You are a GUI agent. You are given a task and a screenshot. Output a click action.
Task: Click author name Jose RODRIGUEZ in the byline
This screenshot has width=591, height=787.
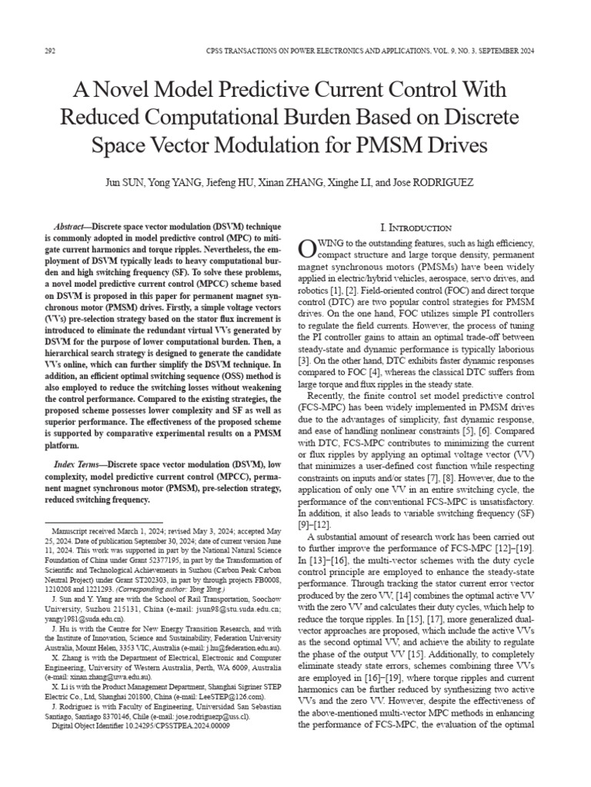(444, 184)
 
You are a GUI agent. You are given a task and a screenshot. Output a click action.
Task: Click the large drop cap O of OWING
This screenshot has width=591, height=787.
(306, 247)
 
